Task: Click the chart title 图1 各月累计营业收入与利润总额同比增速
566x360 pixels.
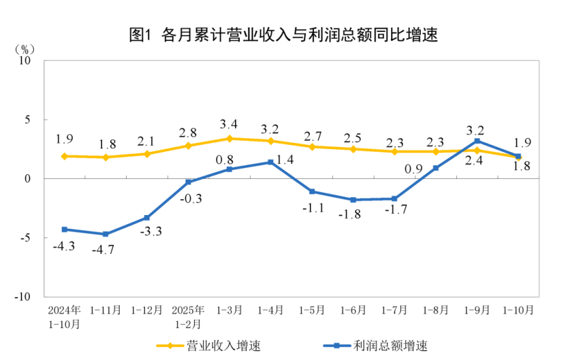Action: (x=283, y=34)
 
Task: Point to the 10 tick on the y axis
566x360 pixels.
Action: (x=27, y=60)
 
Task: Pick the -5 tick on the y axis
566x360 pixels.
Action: (x=27, y=238)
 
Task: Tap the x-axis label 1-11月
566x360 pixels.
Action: (x=106, y=310)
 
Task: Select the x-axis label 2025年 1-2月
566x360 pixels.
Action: (x=189, y=316)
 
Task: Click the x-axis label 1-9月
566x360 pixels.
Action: (x=477, y=310)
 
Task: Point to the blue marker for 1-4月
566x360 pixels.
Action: (x=270, y=162)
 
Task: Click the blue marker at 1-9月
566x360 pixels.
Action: (x=477, y=141)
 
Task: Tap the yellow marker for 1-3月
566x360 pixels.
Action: (x=230, y=138)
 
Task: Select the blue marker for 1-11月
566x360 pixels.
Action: (x=106, y=234)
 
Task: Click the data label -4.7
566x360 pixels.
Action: (x=106, y=250)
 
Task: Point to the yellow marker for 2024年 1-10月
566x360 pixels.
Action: (x=65, y=156)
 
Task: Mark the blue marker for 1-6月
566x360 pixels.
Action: (x=353, y=199)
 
